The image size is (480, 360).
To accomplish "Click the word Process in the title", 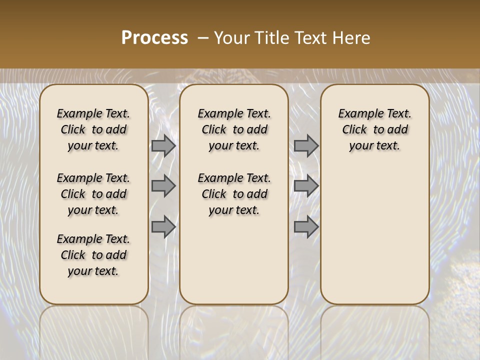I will coord(154,38).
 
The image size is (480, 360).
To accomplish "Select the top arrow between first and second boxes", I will coord(163,146).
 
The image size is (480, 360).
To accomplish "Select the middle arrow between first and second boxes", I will coord(163,186).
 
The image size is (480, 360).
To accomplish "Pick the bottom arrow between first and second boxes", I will coord(163,227).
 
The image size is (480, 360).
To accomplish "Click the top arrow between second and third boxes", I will coord(306,146).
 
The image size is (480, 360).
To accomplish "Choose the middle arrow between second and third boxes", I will coord(306,186).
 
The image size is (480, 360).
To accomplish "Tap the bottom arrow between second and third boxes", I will coord(306,227).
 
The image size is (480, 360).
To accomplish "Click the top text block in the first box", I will coord(93,129).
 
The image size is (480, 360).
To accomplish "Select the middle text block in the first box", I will coord(93,194).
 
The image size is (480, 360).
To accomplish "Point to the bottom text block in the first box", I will coord(93,255).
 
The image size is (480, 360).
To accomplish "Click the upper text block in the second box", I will coord(234,129).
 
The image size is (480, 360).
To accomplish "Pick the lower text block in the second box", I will coord(234,194).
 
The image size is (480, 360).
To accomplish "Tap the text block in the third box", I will coord(375,129).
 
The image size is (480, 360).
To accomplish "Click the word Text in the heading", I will coord(310,38).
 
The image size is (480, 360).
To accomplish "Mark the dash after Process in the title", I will coord(203,38).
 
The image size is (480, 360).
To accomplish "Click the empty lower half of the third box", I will coord(375,235).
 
